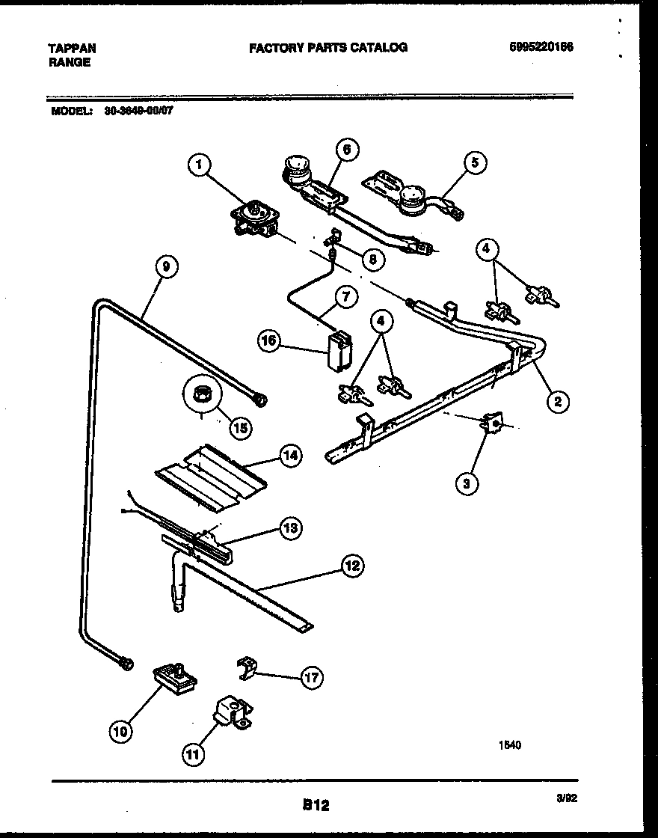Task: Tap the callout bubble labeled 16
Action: pos(269,341)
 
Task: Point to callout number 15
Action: pos(241,427)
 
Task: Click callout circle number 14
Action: pos(289,456)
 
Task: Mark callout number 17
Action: pos(311,678)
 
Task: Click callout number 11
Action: pos(194,755)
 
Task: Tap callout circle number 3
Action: pos(466,483)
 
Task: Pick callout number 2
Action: pos(556,402)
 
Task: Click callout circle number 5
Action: pos(474,162)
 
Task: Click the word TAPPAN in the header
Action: pos(72,48)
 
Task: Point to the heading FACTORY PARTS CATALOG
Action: pos(328,47)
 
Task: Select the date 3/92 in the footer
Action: pos(567,799)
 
